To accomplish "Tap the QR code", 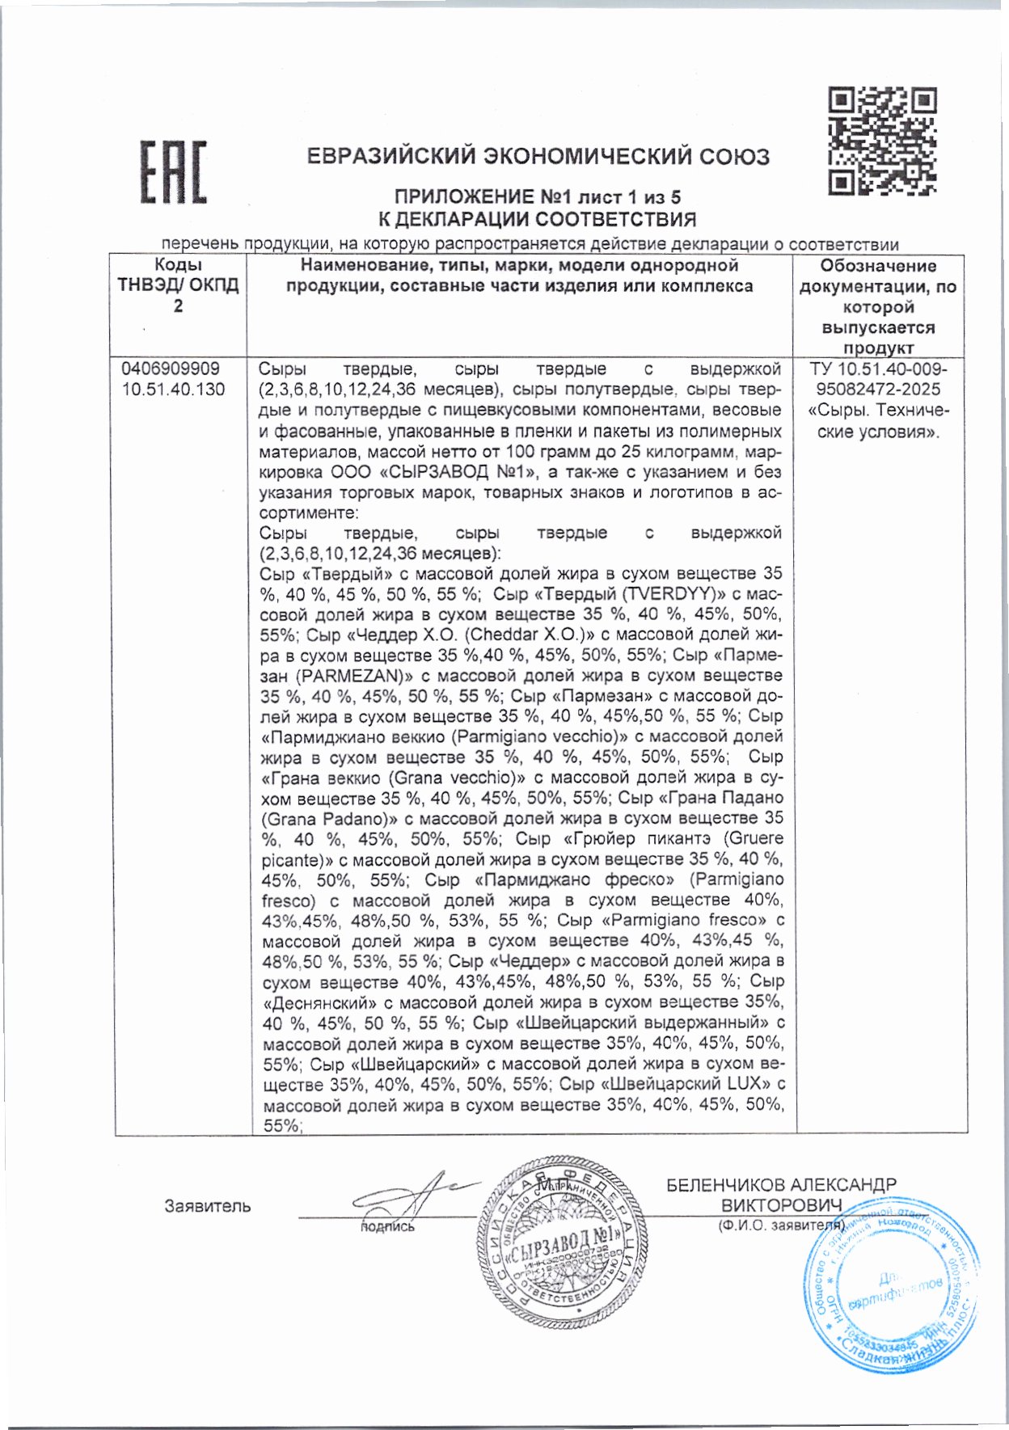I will tap(882, 141).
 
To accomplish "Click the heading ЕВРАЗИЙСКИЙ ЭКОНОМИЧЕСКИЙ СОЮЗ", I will tap(538, 156).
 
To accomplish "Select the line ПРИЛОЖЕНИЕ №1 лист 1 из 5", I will tap(538, 197).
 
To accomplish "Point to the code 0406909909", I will tap(171, 369).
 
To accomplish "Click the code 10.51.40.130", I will tap(173, 390).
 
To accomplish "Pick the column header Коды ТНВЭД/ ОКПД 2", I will tap(178, 285).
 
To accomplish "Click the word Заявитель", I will tap(207, 1206).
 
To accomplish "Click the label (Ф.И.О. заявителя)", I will tap(781, 1225).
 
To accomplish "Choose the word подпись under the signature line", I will tap(387, 1227).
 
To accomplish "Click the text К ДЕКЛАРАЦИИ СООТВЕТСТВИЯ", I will tap(538, 219).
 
